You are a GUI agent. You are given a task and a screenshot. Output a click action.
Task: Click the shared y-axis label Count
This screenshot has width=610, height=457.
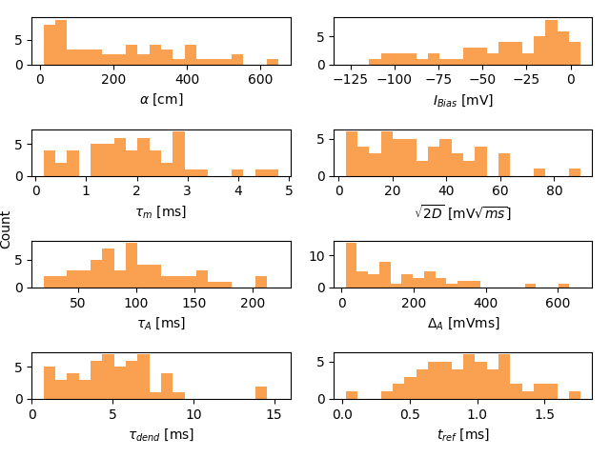click(7, 230)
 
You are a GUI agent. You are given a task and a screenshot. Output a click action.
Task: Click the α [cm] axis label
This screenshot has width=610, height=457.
click(161, 100)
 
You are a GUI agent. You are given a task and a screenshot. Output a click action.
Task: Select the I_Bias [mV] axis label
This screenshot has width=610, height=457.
click(463, 100)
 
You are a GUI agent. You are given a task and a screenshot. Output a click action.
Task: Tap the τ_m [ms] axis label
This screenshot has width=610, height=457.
click(161, 211)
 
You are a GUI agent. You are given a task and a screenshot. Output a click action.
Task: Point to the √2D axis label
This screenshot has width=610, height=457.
click(463, 212)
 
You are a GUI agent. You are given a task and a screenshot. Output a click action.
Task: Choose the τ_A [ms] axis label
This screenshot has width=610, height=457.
click(161, 323)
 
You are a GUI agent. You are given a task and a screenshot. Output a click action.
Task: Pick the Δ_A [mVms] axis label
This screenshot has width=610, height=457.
click(463, 323)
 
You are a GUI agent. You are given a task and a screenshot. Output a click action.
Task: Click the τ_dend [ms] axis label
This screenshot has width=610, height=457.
click(161, 435)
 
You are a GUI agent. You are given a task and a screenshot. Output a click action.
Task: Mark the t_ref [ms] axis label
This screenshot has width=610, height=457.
click(463, 435)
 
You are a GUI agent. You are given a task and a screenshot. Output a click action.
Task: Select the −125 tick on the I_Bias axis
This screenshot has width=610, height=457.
click(352, 80)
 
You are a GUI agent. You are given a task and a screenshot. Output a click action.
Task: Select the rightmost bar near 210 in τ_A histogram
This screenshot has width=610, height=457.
click(260, 282)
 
